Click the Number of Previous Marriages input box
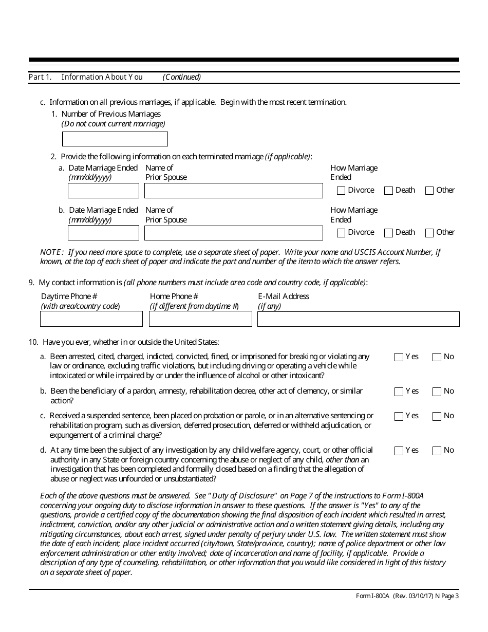click(115, 139)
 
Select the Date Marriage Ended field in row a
click(103, 191)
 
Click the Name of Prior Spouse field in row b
click(233, 233)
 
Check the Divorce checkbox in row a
click(341, 191)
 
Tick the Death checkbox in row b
click(388, 233)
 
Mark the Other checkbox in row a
click(429, 191)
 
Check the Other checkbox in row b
click(429, 233)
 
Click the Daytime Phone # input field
click(91, 319)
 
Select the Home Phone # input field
click(200, 319)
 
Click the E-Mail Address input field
click(358, 319)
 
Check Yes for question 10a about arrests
click(399, 357)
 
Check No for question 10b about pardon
click(437, 392)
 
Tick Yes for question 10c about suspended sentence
click(399, 416)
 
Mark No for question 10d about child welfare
click(437, 451)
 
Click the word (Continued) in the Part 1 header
click(182, 77)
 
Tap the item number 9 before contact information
click(32, 283)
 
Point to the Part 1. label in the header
click(40, 77)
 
